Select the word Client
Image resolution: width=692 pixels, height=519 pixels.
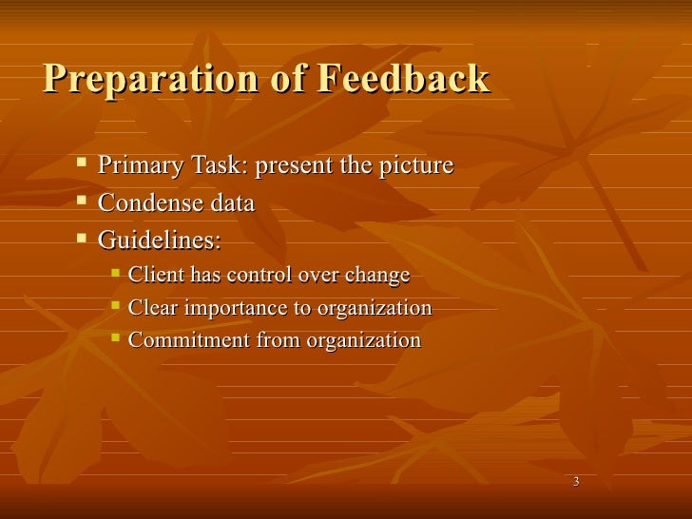tap(154, 276)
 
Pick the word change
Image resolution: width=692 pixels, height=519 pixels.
tap(376, 276)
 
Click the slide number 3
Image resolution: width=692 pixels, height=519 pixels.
tap(577, 483)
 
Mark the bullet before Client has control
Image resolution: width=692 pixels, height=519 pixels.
tap(115, 274)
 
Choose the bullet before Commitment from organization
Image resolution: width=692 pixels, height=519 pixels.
tap(115, 338)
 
